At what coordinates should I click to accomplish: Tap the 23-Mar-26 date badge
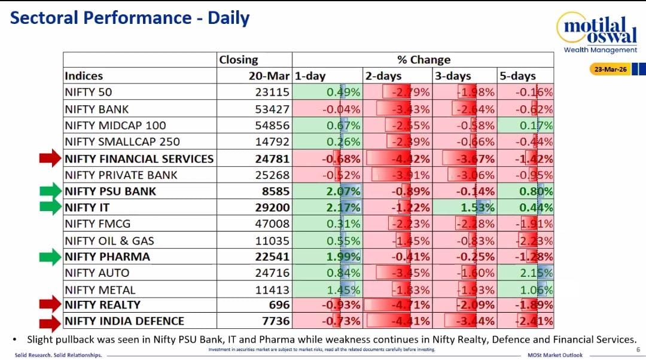[610, 69]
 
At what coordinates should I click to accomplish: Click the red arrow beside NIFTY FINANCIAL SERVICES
[51, 158]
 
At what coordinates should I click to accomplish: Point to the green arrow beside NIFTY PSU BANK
[51, 191]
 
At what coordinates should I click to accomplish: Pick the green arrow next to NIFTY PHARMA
[51, 257]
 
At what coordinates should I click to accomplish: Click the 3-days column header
[453, 76]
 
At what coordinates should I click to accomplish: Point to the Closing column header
[239, 60]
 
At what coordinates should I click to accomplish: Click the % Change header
[423, 60]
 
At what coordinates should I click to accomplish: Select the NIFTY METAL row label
[100, 290]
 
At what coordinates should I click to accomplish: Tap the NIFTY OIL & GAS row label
[109, 240]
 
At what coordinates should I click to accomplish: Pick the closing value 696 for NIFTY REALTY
[279, 305]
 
